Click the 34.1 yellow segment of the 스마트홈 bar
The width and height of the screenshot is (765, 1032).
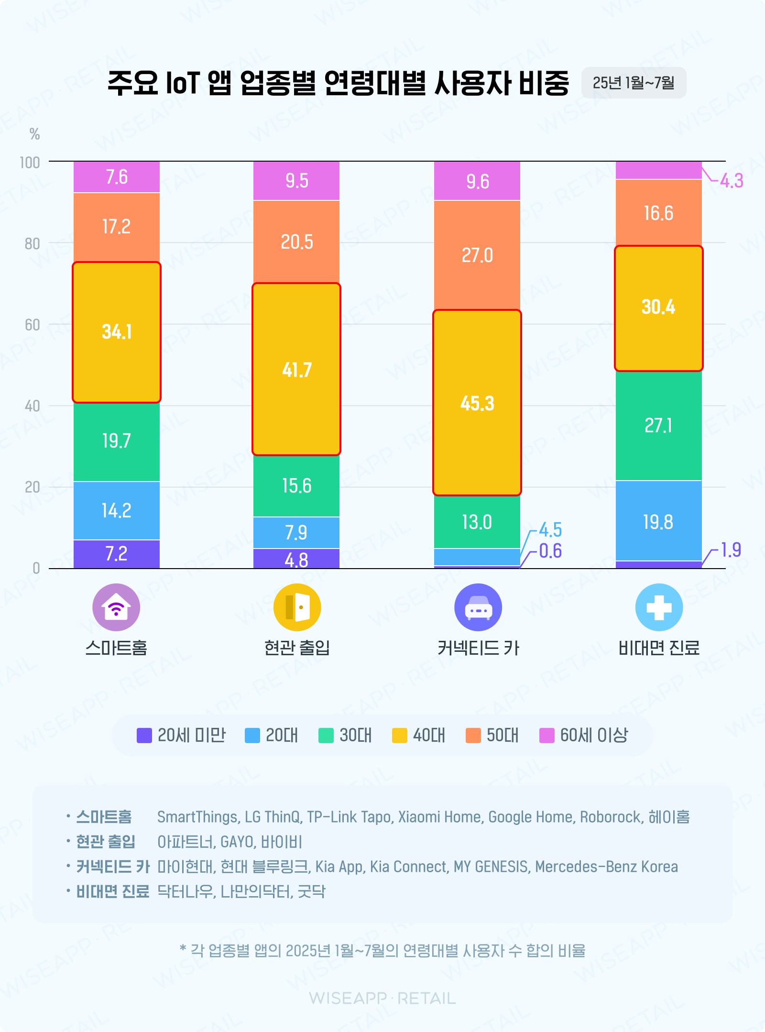117,332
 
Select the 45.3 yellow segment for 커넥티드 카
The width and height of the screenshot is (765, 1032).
477,403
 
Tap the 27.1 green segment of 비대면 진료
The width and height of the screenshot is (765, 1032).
658,425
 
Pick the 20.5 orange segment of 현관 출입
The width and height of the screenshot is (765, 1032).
296,242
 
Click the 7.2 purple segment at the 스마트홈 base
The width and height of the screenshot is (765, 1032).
117,554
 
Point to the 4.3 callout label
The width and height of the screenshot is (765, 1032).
732,181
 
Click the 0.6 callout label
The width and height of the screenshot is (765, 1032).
550,551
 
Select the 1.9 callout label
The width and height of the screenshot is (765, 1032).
731,550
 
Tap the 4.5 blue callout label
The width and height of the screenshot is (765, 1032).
550,530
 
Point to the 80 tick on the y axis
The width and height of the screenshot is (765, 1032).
32,244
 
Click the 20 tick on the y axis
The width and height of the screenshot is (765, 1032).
32,487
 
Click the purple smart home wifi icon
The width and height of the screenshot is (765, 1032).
116,607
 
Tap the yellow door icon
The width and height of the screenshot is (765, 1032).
297,607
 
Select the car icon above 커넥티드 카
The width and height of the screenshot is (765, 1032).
478,607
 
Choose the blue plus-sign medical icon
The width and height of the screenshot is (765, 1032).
659,607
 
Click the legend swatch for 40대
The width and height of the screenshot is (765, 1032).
399,736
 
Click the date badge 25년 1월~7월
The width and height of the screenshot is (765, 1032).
634,83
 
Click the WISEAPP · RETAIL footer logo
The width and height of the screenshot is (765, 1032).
382,999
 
